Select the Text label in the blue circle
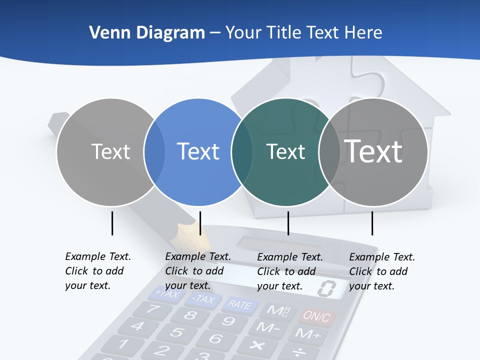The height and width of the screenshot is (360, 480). (x=198, y=151)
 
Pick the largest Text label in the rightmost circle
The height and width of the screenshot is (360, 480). (x=373, y=151)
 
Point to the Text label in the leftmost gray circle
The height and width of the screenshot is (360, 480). (x=111, y=151)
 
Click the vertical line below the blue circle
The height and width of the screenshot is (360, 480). (x=200, y=223)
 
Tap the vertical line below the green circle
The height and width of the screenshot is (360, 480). (x=288, y=223)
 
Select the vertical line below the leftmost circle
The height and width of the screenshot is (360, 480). (x=112, y=223)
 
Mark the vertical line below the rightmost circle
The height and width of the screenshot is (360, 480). (x=372, y=223)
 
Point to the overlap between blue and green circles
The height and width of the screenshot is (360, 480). (x=242, y=151)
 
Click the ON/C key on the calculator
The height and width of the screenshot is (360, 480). (x=316, y=316)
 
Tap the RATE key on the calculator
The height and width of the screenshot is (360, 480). (x=239, y=304)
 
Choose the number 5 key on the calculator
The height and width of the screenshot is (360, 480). (x=176, y=331)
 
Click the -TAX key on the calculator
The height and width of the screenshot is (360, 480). (x=202, y=299)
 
